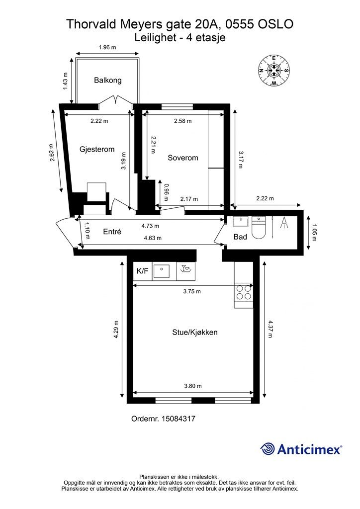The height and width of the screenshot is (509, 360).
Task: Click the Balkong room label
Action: (x=108, y=80)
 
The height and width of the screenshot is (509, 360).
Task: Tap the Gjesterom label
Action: (x=97, y=149)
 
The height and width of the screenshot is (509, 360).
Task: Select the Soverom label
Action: (x=183, y=158)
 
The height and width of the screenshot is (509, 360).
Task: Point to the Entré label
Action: (x=112, y=232)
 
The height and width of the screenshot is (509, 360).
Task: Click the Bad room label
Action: (x=240, y=237)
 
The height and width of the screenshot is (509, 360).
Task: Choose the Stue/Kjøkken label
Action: (x=195, y=333)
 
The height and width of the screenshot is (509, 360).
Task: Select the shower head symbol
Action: (x=284, y=223)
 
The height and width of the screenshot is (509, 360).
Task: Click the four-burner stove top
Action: (x=244, y=292)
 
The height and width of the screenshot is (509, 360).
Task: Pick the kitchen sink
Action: (x=161, y=271)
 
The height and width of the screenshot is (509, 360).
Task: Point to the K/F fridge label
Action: (x=142, y=271)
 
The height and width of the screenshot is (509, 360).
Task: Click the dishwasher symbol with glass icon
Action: (x=186, y=269)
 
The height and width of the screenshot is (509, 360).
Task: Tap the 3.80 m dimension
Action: (x=193, y=386)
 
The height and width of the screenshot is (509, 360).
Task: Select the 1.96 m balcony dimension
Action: (x=107, y=47)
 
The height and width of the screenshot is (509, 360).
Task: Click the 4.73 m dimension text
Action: (x=150, y=226)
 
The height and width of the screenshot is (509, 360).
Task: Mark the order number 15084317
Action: (x=163, y=419)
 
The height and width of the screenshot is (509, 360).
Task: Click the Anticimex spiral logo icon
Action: (x=268, y=449)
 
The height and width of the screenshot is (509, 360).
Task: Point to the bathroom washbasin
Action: (x=241, y=221)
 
